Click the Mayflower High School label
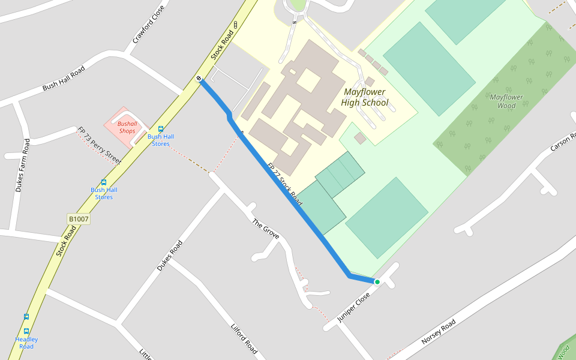click(364, 97)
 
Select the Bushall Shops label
click(127, 127)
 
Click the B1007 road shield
click(79, 219)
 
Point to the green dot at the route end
click(377, 281)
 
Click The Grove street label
click(265, 229)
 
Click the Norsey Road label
click(438, 331)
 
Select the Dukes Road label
click(169, 256)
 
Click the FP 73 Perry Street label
click(100, 146)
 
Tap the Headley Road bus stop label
click(26, 343)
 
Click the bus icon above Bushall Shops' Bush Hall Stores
click(160, 129)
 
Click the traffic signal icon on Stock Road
click(235, 25)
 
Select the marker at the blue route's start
click(199, 79)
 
